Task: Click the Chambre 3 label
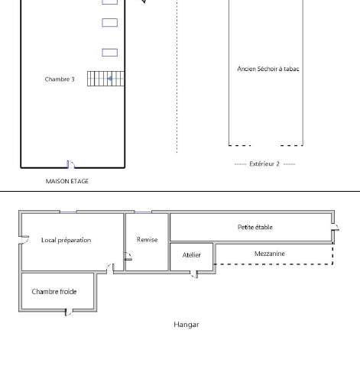[x=60, y=79]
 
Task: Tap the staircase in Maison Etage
[x=105, y=79]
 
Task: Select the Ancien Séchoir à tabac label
[x=268, y=69]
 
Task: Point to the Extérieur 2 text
[x=264, y=163]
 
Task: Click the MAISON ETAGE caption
[x=67, y=181]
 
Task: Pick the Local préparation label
[x=66, y=240]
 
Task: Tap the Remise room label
[x=147, y=240]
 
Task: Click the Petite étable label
[x=255, y=227]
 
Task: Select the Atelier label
[x=192, y=255]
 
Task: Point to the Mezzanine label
[x=270, y=254]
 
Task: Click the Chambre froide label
[x=54, y=292]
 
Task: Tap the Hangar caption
[x=186, y=325]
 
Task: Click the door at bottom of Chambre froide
[x=69, y=312]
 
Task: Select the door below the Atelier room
[x=194, y=274]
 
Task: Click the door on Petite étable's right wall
[x=335, y=227]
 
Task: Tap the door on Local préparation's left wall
[x=24, y=240]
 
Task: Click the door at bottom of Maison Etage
[x=70, y=164]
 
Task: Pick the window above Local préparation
[x=68, y=212]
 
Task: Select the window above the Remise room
[x=143, y=212]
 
